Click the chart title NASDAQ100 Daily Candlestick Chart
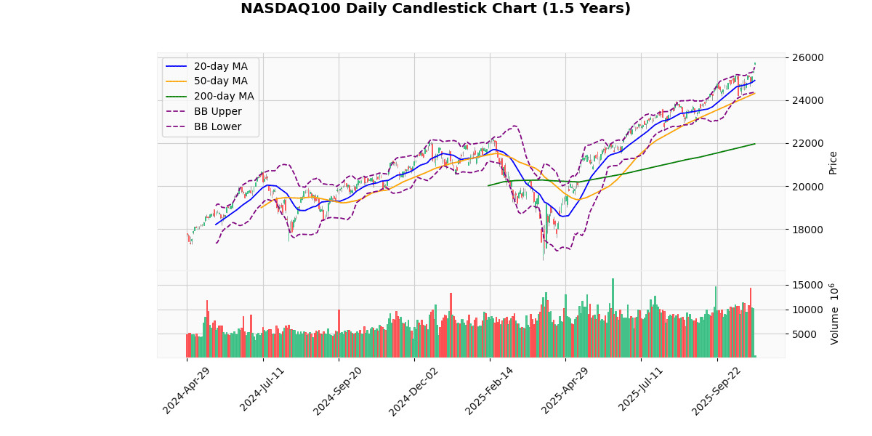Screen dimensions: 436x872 pyautogui.click(x=435, y=9)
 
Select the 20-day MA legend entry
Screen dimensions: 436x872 pyautogui.click(x=220, y=66)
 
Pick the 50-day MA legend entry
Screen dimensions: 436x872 pyautogui.click(x=220, y=81)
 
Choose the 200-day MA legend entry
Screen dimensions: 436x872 pyautogui.click(x=223, y=96)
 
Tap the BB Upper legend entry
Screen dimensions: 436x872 pyautogui.click(x=217, y=111)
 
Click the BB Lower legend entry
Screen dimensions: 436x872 pyautogui.click(x=217, y=126)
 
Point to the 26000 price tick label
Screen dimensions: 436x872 pyautogui.click(x=807, y=57)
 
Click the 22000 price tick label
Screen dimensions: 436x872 pyautogui.click(x=807, y=143)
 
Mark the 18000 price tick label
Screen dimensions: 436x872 pyautogui.click(x=807, y=230)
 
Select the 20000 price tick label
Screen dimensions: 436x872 pyautogui.click(x=807, y=187)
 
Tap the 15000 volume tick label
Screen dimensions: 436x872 pyautogui.click(x=807, y=285)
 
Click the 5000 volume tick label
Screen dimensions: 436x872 pyautogui.click(x=810, y=334)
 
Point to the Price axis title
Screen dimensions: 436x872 pyautogui.click(x=833, y=163)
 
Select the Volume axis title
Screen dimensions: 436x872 pyautogui.click(x=834, y=314)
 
